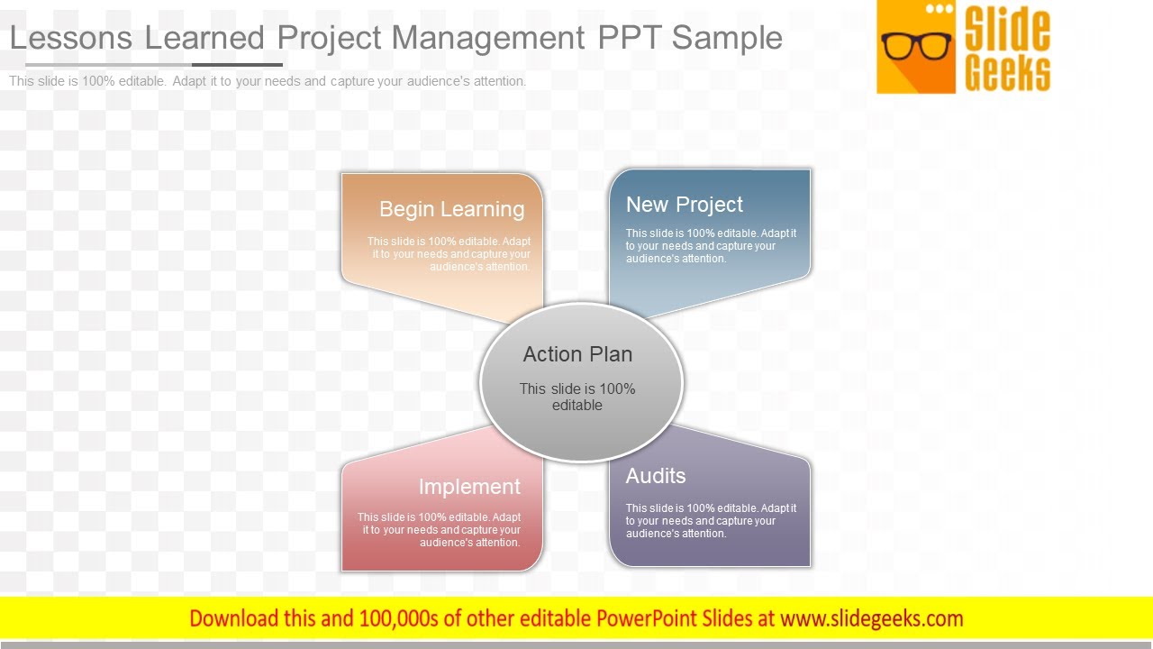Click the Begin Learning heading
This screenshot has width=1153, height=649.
pos(451,209)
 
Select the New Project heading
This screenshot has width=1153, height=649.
pos(685,205)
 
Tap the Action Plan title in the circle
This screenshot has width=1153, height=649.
pos(577,354)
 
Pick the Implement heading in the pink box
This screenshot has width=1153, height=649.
pos(469,487)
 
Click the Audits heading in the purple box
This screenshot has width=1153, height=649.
pos(656,476)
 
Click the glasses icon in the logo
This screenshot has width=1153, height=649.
pos(916,45)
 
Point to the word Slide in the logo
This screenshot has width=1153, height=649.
pos(1007,29)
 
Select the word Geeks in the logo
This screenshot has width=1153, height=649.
pos(1007,72)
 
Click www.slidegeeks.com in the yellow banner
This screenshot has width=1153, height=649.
pos(871,618)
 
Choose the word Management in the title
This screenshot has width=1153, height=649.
pos(487,38)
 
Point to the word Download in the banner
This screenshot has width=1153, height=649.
pos(234,618)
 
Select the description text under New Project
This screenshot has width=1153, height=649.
pos(711,246)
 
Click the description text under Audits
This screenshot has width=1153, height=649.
pos(711,521)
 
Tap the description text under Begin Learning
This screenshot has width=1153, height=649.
pos(449,254)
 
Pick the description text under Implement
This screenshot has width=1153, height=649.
pos(440,530)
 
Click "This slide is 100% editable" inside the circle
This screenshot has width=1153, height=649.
pos(577,397)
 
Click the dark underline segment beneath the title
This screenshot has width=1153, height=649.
pos(237,65)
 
